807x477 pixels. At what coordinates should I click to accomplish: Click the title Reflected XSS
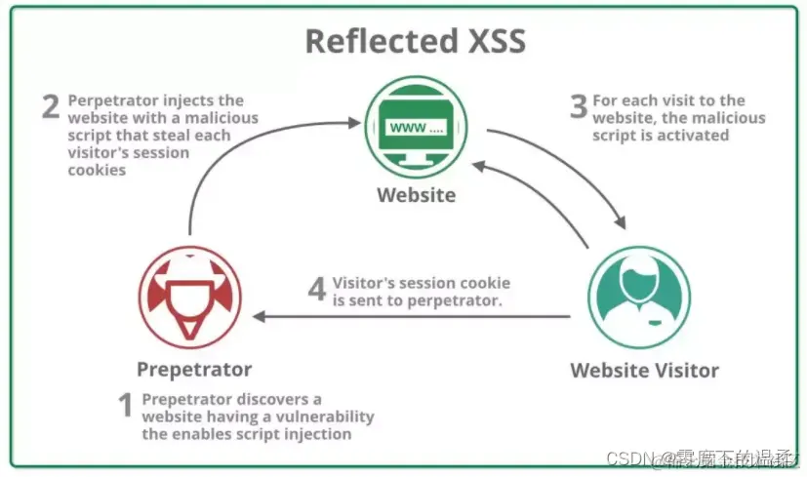tap(415, 41)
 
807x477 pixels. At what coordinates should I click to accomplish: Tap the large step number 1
tap(125, 405)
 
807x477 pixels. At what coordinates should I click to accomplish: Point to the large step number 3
tap(579, 105)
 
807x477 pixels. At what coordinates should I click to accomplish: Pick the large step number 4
tap(317, 290)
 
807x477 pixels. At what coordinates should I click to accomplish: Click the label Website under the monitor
tap(416, 195)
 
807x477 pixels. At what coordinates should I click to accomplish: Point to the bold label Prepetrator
tap(194, 370)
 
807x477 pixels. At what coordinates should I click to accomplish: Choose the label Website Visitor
tap(644, 371)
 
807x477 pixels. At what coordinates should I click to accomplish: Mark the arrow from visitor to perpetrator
tap(410, 317)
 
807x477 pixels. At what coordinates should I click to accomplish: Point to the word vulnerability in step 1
tap(326, 417)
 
